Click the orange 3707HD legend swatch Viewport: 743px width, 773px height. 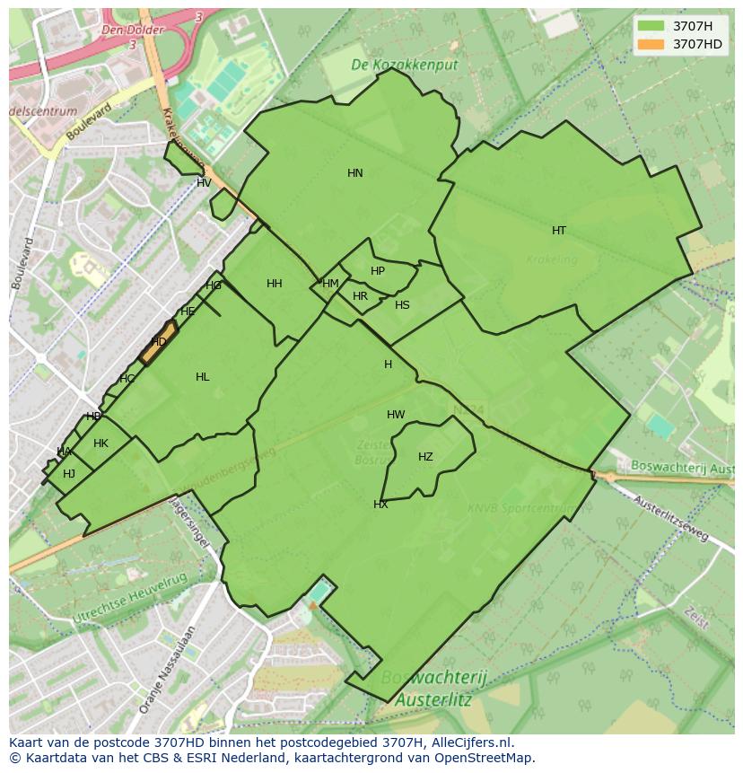pyautogui.click(x=651, y=44)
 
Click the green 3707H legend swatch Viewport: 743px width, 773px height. pyautogui.click(x=651, y=26)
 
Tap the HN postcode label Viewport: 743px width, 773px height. pyautogui.click(x=355, y=173)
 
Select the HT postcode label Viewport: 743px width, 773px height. pyautogui.click(x=559, y=231)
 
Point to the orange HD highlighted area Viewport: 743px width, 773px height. pyautogui.click(x=159, y=342)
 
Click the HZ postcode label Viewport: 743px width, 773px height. pyautogui.click(x=425, y=457)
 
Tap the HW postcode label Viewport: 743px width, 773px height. pyautogui.click(x=396, y=415)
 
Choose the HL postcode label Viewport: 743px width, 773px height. pyautogui.click(x=203, y=377)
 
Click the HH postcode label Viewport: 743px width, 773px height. pyautogui.click(x=275, y=284)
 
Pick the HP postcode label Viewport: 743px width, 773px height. pyautogui.click(x=378, y=271)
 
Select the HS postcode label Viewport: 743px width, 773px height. pyautogui.click(x=402, y=305)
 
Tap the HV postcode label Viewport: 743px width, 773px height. pyautogui.click(x=204, y=183)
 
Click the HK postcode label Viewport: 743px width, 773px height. pyautogui.click(x=101, y=444)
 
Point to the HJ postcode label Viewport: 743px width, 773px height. pyautogui.click(x=69, y=474)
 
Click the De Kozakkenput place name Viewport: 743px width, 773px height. pyautogui.click(x=404, y=66)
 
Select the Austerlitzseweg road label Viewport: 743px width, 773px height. pyautogui.click(x=671, y=518)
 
